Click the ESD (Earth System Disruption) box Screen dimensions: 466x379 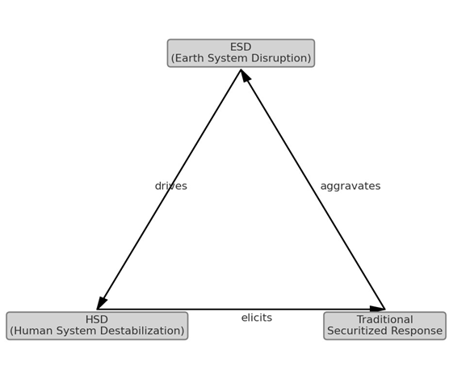[x=241, y=53]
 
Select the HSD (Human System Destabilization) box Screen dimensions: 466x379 [x=97, y=326]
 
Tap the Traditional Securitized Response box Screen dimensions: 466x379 [x=385, y=326]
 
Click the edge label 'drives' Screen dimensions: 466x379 [x=171, y=186]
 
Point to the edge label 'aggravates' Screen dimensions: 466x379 [x=351, y=187]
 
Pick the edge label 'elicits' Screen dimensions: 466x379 [x=257, y=318]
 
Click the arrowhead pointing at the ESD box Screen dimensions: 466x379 [x=245, y=75]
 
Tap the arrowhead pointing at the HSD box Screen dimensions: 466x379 [x=102, y=303]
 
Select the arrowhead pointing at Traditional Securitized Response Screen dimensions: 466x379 [x=377, y=310]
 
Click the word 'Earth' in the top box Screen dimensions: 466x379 [x=190, y=58]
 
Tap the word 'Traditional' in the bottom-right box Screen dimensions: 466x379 [x=385, y=320]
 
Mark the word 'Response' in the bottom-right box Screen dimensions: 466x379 [x=417, y=331]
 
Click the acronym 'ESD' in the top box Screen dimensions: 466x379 [x=241, y=47]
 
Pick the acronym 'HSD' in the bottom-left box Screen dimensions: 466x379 [x=97, y=320]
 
